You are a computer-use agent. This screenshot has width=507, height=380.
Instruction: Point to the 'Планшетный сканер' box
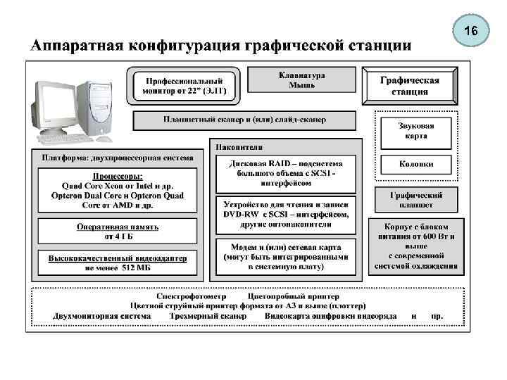244,120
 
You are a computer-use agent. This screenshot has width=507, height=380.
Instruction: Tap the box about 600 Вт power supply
420,246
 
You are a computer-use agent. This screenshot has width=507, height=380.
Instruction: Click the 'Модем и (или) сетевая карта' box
286,257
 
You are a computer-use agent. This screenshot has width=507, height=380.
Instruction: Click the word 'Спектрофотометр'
191,296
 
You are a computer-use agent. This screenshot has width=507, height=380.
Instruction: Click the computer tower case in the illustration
96,106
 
